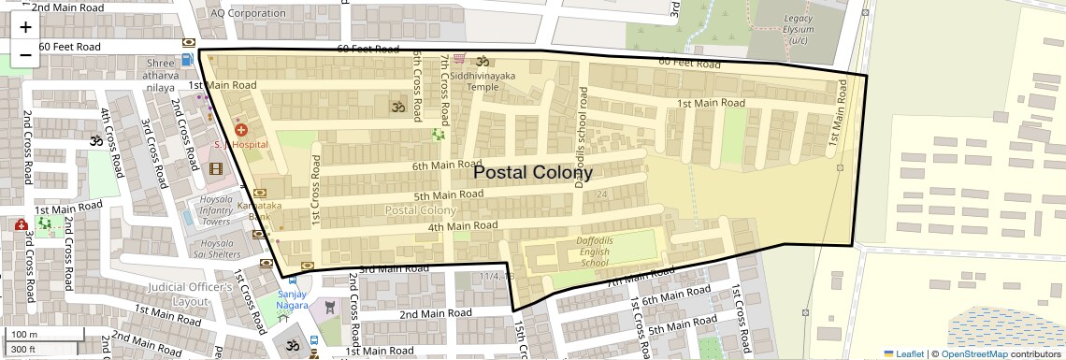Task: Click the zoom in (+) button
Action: (25, 28)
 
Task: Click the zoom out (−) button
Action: (25, 55)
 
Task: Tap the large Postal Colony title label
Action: (532, 172)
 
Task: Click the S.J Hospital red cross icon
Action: (241, 130)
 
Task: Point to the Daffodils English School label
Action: (595, 252)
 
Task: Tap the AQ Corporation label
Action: (248, 13)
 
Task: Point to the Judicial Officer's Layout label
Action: (190, 294)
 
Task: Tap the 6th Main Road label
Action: (446, 166)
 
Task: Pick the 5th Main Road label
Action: (448, 194)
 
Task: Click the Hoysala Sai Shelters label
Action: (216, 248)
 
